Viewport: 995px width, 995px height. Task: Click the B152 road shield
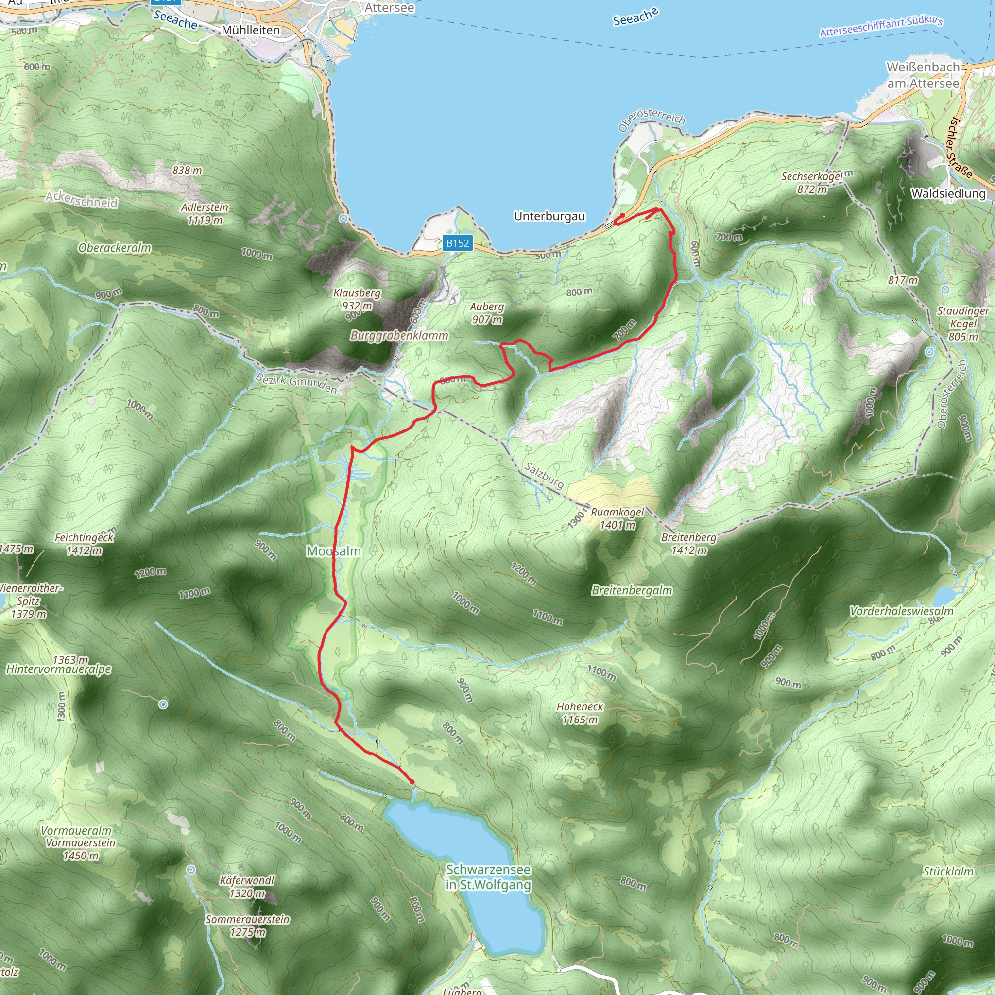tap(457, 243)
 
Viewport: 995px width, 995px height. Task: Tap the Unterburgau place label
tap(549, 216)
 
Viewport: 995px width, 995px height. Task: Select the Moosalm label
tap(334, 551)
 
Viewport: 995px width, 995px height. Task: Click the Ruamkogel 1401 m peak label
tap(618, 518)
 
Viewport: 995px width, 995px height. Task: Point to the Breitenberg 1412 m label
tap(689, 544)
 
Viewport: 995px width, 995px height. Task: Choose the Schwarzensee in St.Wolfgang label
tap(488, 877)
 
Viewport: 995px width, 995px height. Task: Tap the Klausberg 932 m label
tap(357, 299)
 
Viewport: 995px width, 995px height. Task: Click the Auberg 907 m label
tap(487, 312)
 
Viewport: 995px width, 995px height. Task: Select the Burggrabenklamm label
tap(399, 336)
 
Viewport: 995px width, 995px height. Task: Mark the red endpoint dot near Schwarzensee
tap(412, 782)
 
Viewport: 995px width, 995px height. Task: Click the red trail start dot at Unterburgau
tap(622, 216)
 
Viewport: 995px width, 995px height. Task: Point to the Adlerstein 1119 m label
tap(205, 214)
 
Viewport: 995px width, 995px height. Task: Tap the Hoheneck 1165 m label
tap(580, 713)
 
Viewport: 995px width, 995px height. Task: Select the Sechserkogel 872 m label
tap(812, 183)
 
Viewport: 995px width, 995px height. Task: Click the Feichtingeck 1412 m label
tap(84, 544)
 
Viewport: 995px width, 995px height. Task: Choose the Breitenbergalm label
tap(632, 590)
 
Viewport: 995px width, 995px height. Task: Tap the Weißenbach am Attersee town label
tap(923, 75)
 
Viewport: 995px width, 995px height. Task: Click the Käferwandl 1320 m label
tap(247, 887)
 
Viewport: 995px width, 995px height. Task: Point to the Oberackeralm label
tap(114, 248)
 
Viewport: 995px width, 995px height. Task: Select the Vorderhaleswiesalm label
tap(901, 611)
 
